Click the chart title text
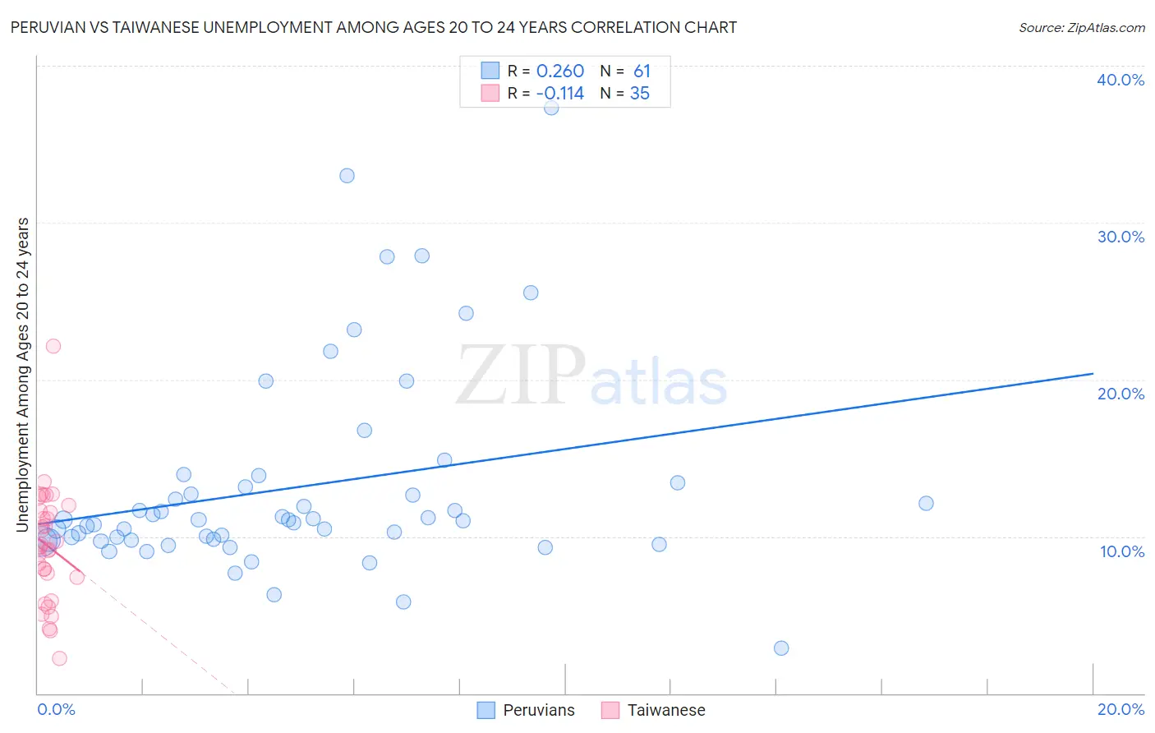click(374, 27)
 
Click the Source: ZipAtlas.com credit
click(1081, 28)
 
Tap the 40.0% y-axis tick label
click(1120, 80)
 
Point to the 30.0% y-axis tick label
click(1120, 237)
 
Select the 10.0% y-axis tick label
click(1122, 551)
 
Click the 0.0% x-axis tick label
click(56, 709)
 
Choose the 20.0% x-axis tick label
click(1120, 709)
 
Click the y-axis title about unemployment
click(23, 375)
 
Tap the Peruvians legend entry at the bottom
click(527, 710)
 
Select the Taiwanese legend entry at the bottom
click(654, 710)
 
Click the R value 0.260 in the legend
click(560, 71)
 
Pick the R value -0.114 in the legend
click(559, 94)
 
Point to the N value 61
click(642, 71)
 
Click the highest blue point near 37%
click(551, 108)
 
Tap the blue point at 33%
click(347, 176)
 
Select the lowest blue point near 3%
click(781, 648)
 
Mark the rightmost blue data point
click(926, 504)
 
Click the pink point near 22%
click(53, 346)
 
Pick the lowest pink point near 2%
click(59, 658)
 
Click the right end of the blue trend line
click(1093, 374)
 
